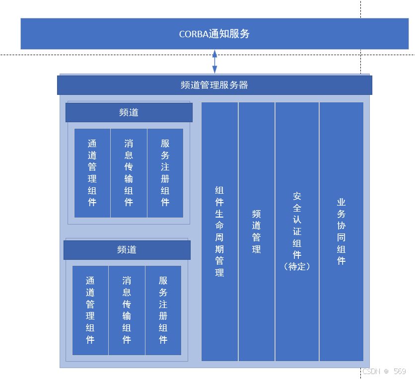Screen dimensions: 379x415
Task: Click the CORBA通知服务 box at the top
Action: [x=214, y=34]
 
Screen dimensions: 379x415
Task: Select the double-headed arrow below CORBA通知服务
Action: [x=214, y=62]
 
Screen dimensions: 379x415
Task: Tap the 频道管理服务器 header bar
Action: [x=214, y=85]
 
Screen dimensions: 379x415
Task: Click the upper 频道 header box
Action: [x=129, y=112]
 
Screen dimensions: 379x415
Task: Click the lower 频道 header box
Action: [x=127, y=249]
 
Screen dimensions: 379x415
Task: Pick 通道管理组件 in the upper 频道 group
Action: [x=92, y=172]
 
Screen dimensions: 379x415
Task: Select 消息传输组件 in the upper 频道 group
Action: [x=129, y=172]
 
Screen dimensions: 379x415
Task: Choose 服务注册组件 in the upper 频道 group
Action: [x=165, y=172]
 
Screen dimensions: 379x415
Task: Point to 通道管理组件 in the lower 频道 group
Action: [x=90, y=310]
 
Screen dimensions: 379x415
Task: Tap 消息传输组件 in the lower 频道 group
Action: [x=127, y=310]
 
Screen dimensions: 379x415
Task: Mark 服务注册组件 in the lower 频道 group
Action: [x=163, y=310]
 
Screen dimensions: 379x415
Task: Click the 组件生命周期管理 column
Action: [x=219, y=231]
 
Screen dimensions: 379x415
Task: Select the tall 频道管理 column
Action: [x=256, y=231]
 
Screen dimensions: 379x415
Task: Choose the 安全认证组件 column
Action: [x=297, y=231]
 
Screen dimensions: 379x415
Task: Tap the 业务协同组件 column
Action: [x=341, y=231]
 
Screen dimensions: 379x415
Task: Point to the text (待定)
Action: [x=297, y=267]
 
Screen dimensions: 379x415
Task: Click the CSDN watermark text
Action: [x=371, y=372]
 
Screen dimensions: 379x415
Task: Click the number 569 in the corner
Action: [x=400, y=372]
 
